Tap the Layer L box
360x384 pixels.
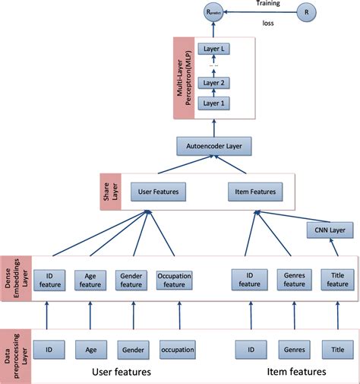click(213, 49)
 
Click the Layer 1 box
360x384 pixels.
click(213, 102)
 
